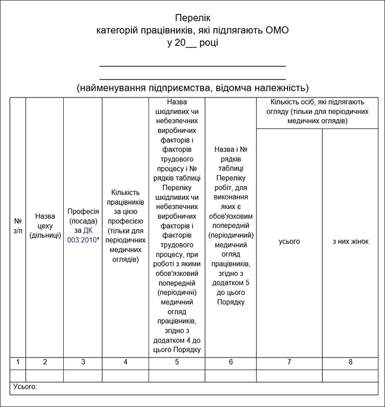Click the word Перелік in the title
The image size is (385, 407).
193,18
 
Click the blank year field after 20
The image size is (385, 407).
194,43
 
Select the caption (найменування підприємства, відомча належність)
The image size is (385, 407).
193,88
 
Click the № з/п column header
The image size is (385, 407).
18,225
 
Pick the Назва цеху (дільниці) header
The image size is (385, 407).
45,225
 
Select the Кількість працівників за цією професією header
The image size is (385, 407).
125,225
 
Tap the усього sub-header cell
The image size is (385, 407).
289,241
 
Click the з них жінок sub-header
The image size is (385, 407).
350,241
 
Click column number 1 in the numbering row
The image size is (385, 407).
18,362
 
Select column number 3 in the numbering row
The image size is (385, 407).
83,362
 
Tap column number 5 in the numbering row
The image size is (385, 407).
177,362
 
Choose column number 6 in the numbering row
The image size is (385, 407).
230,362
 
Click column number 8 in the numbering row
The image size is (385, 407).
350,362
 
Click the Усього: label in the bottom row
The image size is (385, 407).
24,387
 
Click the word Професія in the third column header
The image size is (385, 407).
83,211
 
